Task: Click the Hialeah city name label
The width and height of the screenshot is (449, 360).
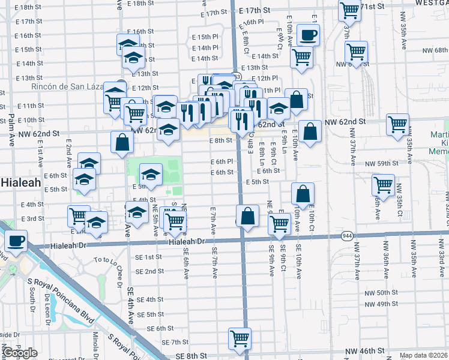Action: pyautogui.click(x=16, y=181)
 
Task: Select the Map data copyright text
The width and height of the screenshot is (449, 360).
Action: pyautogui.click(x=424, y=355)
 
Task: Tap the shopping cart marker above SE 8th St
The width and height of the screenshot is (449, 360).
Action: pyautogui.click(x=240, y=338)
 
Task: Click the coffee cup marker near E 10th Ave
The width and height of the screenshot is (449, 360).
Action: pyautogui.click(x=308, y=34)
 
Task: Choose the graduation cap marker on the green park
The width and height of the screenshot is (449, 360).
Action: pyautogui.click(x=151, y=174)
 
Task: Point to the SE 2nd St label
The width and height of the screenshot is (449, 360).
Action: pyautogui.click(x=149, y=271)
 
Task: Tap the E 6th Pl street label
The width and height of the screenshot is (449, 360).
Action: pyautogui.click(x=221, y=161)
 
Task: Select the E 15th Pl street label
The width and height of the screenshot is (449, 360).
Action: pyautogui.click(x=205, y=37)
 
